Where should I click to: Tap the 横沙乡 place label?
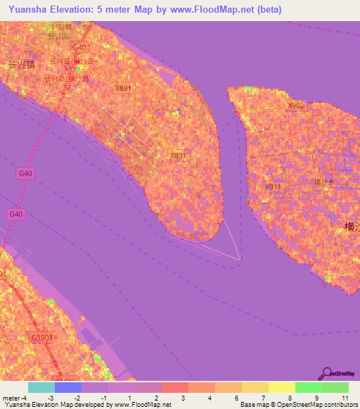click(326, 181)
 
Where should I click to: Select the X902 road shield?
click(296, 105)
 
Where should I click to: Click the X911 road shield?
click(273, 187)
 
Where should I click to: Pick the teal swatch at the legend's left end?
click(41, 387)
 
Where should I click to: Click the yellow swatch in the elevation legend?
click(282, 387)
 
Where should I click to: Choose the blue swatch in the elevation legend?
click(68, 387)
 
